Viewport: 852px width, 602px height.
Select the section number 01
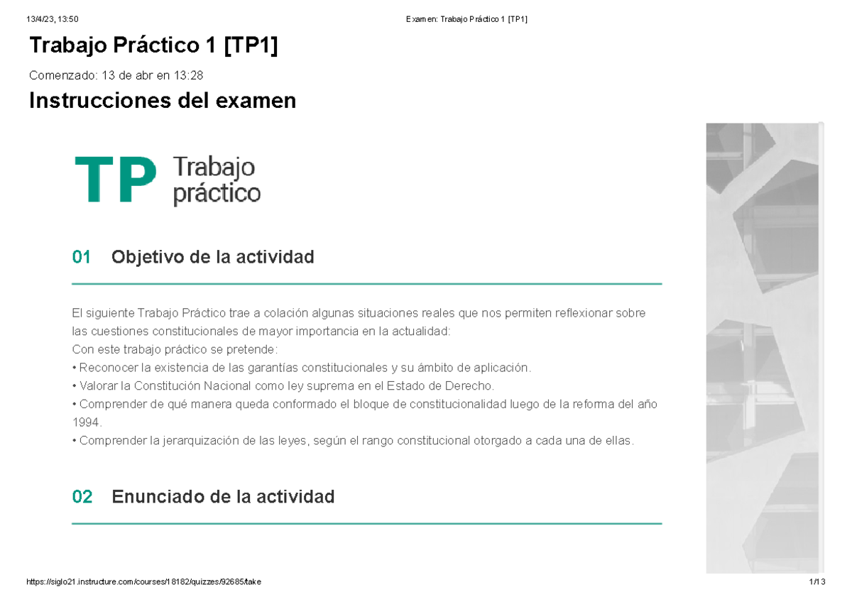pos(82,257)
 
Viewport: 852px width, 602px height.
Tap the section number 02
pos(82,497)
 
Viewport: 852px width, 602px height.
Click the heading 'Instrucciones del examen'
pos(162,102)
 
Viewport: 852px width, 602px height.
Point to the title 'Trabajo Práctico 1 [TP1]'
pos(153,46)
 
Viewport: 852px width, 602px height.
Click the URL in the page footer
pos(143,582)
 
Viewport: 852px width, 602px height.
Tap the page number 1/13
pos(816,582)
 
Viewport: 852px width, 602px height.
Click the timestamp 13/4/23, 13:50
pos(51,19)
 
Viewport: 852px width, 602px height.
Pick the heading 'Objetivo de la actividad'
pos(212,257)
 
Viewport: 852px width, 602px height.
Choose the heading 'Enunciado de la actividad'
pos(223,497)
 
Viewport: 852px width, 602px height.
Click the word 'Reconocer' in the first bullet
pos(109,368)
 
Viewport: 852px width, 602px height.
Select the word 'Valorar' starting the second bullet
pos(99,385)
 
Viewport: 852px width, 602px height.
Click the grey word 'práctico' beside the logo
pos(217,193)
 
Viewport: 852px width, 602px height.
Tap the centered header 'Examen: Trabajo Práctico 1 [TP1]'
pos(466,19)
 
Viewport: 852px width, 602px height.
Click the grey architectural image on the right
pos(765,348)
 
